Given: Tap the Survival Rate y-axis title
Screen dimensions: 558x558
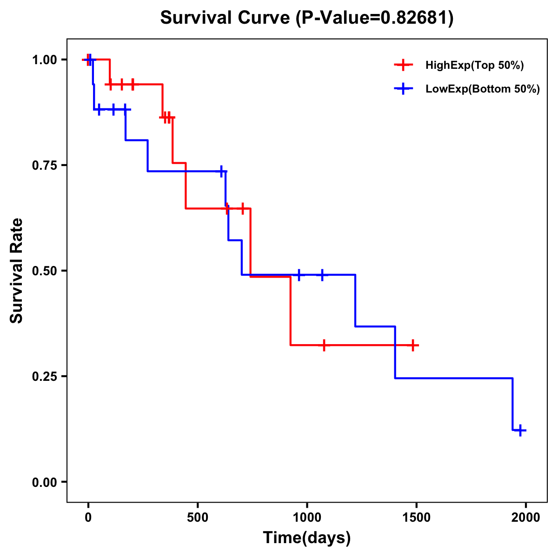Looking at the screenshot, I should click(x=17, y=271).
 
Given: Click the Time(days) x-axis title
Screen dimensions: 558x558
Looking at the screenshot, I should click(x=307, y=538).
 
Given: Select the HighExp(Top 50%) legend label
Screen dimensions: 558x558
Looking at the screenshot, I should click(x=475, y=66).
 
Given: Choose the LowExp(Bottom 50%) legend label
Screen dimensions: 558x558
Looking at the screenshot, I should click(x=483, y=89).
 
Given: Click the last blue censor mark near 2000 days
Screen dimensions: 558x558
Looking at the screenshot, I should click(x=520, y=430).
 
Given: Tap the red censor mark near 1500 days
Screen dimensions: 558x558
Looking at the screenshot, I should click(x=412, y=345).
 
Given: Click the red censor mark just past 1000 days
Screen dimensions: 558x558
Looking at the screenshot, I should click(x=324, y=345).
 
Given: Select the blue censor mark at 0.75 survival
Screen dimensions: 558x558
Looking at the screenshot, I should click(x=221, y=171).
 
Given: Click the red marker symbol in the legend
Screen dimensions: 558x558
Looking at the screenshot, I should click(x=403, y=66).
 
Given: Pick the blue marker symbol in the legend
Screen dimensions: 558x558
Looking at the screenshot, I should click(x=403, y=89).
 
